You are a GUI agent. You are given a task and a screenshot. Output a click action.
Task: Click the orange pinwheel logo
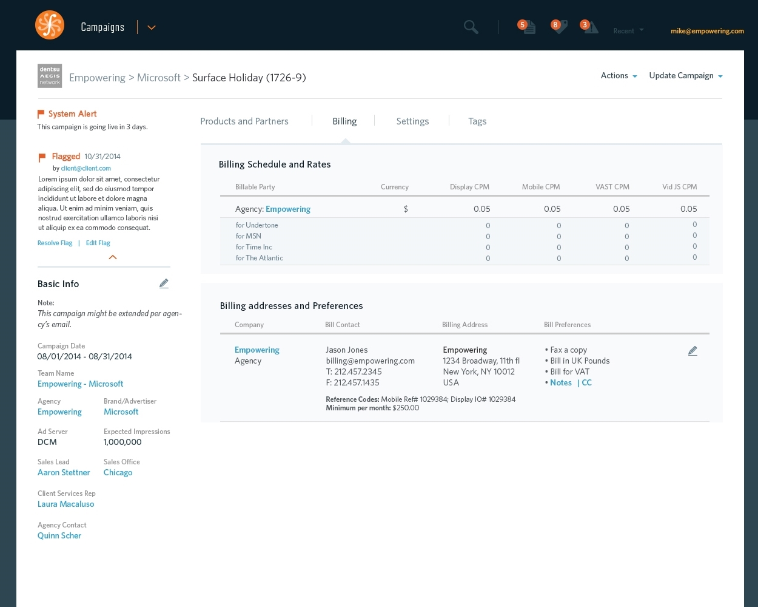tap(50, 25)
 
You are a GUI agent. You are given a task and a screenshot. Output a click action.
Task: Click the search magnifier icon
tap(471, 27)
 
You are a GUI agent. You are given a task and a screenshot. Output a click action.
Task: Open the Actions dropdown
tap(619, 76)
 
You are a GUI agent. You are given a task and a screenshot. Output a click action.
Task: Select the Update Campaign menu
tap(685, 76)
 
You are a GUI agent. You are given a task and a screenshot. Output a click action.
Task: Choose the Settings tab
tap(412, 121)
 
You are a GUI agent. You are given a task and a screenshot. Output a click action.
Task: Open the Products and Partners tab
tap(244, 121)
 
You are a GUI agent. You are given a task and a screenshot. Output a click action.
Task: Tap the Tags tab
tap(477, 121)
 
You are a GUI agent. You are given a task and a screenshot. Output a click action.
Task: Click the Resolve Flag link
tap(55, 243)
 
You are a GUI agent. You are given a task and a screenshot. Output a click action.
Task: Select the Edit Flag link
tap(98, 243)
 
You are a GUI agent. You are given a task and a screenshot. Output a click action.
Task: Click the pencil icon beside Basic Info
tap(164, 283)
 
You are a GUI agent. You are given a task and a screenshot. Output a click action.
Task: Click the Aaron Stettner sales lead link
tap(64, 472)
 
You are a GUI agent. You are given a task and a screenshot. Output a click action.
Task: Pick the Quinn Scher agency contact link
tap(59, 535)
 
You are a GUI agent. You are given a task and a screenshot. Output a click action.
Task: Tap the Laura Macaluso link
tap(65, 504)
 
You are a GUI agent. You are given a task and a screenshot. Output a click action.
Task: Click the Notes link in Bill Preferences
tap(561, 382)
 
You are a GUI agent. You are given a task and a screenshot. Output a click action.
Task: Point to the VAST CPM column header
tap(612, 187)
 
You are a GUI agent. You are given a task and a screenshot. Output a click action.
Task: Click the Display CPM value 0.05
tap(482, 209)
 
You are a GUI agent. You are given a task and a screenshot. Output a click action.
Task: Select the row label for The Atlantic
tap(260, 258)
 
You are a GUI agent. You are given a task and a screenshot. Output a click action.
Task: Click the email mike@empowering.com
tap(707, 31)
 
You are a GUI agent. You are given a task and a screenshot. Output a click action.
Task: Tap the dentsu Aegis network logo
tap(50, 76)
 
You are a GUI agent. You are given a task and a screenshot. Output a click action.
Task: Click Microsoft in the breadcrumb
tap(159, 78)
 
